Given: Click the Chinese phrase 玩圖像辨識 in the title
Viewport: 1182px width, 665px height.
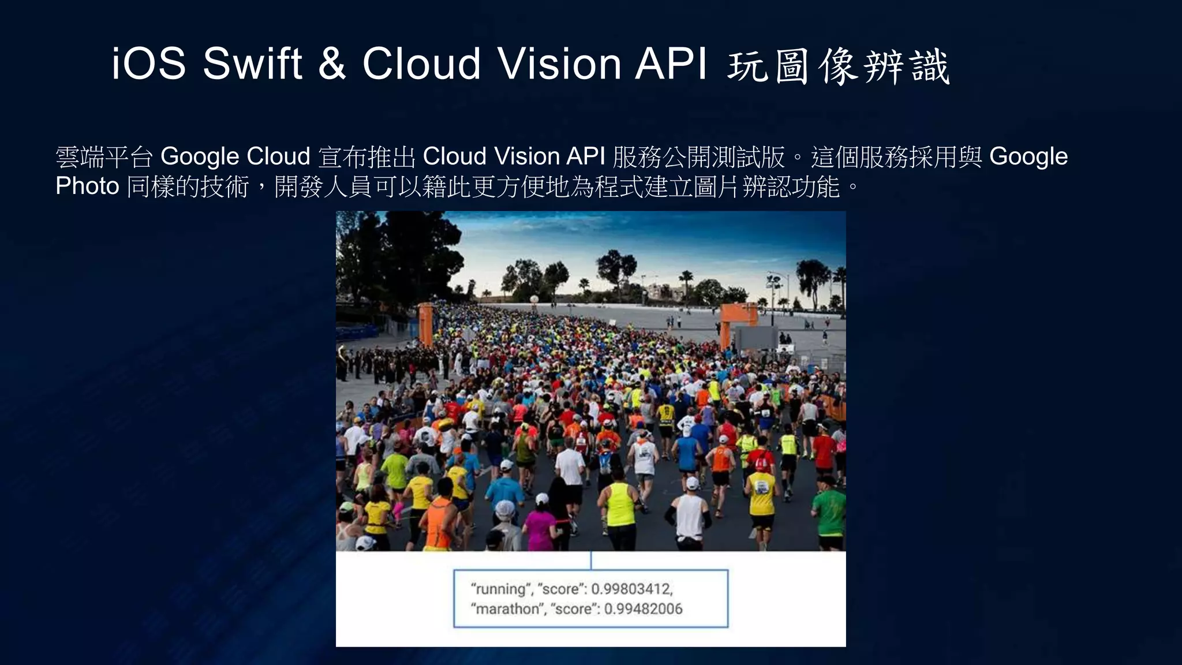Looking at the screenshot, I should pos(838,66).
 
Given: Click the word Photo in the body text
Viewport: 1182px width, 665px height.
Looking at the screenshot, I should pos(87,186).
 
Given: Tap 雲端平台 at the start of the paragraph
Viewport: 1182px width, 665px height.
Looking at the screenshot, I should pos(104,156).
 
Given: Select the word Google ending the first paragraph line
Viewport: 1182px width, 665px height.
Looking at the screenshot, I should pos(1028,156).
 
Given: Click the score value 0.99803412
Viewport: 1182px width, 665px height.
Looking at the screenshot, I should pos(631,589).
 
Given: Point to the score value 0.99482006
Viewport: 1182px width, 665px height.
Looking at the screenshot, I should pos(643,609).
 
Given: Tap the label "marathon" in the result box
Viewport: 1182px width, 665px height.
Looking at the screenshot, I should pos(506,609).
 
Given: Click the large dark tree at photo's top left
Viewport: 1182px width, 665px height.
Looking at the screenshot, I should pos(392,254).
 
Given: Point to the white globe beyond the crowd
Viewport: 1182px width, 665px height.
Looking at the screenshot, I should pos(534,299).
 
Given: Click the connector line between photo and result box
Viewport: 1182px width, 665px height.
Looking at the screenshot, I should pos(591,560).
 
